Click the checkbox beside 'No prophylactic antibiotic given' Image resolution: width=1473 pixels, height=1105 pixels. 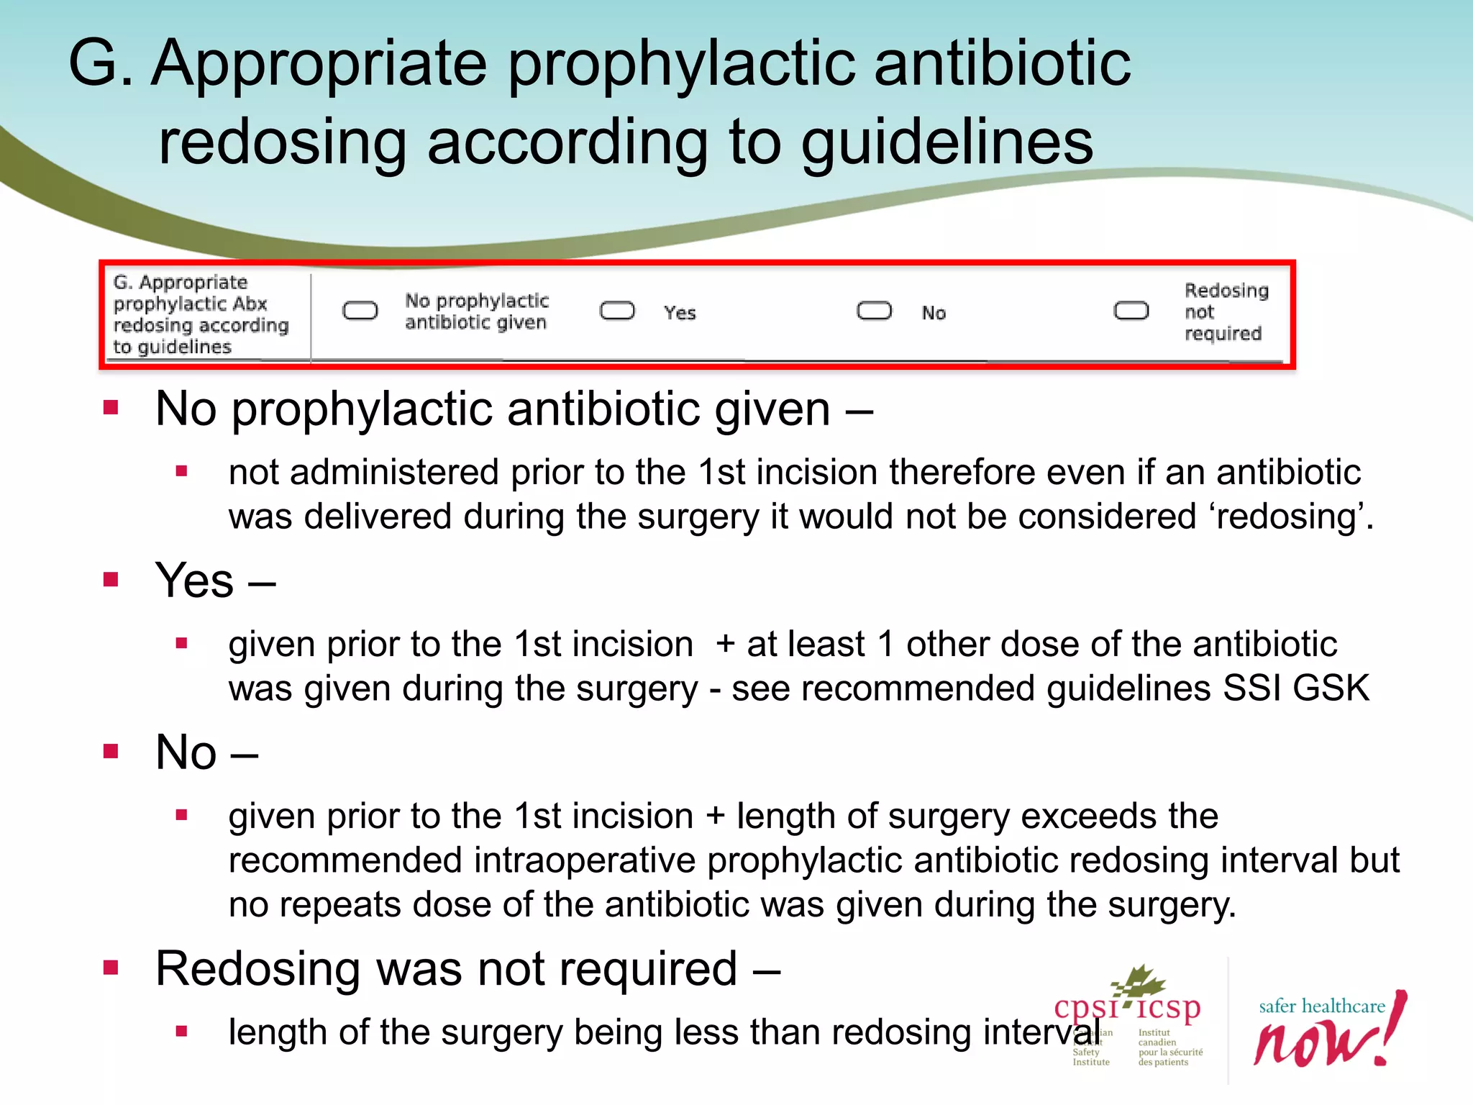point(360,311)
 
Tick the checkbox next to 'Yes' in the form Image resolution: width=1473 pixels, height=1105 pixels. point(617,311)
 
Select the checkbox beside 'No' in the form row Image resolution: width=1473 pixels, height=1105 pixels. point(874,311)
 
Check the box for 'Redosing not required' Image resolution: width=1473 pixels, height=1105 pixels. point(1131,311)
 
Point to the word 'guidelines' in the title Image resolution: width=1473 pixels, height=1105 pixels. point(947,142)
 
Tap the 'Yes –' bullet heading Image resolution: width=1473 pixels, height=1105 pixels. point(215,581)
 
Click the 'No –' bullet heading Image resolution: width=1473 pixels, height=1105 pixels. point(206,752)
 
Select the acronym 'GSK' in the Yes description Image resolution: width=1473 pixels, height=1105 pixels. point(1331,688)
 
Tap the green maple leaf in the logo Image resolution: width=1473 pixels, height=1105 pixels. point(1139,983)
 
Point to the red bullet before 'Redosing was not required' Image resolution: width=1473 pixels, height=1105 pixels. point(111,968)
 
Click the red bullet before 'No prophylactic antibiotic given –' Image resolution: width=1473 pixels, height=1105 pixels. point(111,409)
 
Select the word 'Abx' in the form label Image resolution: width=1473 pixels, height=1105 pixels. point(250,304)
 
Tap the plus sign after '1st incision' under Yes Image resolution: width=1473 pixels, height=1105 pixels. point(725,644)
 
